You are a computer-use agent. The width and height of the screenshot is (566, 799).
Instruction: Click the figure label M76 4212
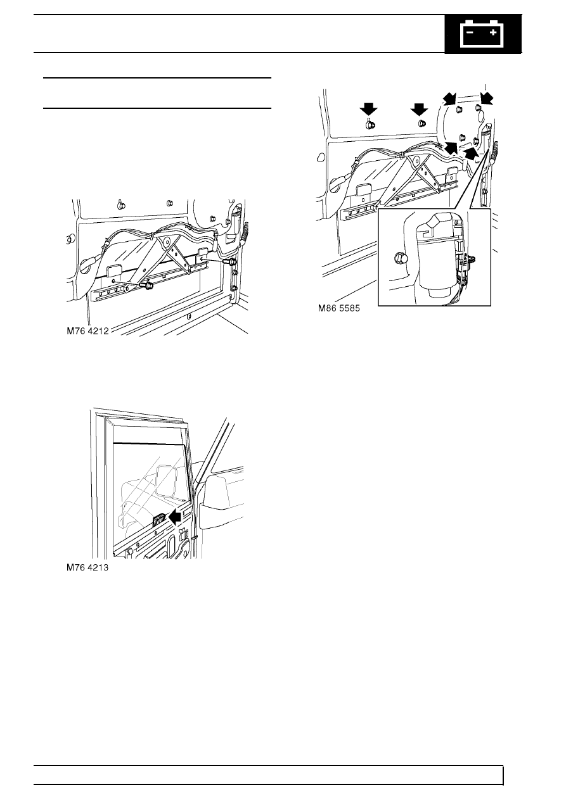coord(87,331)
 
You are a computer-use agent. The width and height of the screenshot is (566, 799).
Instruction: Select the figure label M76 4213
coord(87,567)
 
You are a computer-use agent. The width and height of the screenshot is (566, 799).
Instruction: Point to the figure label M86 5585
coord(339,308)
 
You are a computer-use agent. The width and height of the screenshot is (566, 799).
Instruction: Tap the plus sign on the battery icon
coord(493,32)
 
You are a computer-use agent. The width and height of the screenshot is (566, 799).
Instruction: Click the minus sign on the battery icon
coord(470,32)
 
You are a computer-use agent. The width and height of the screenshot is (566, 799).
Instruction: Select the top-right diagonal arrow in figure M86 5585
coord(486,98)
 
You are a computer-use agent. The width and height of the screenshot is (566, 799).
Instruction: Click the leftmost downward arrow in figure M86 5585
coord(368,109)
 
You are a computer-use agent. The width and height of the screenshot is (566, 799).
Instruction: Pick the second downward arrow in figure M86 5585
coord(419,109)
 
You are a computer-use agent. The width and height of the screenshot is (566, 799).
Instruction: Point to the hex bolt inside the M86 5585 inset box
coord(399,257)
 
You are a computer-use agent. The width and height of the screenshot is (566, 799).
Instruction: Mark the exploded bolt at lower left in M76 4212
coord(147,286)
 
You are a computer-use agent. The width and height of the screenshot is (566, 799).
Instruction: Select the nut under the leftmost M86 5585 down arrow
coord(368,125)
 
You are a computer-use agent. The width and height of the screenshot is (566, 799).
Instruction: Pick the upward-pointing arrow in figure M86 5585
coord(471,153)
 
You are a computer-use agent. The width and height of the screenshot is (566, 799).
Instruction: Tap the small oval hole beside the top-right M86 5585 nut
coord(480,115)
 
